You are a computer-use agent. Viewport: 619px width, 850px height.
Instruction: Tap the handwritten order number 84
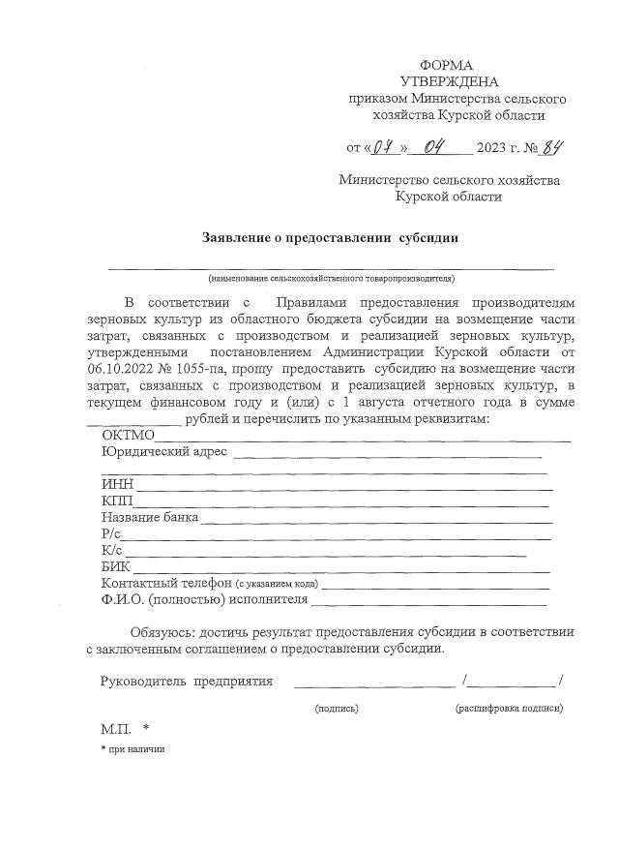click(551, 148)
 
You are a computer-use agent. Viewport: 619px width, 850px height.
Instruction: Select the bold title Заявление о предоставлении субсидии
click(330, 237)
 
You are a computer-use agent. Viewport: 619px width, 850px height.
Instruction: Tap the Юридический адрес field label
click(163, 451)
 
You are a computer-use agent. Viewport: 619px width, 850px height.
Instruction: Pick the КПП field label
click(117, 501)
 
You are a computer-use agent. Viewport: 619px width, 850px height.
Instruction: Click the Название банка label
click(149, 518)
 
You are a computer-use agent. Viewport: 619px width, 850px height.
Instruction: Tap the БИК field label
click(116, 567)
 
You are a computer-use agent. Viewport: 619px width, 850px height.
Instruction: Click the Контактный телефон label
click(164, 584)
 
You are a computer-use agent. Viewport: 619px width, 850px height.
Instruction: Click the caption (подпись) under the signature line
click(337, 708)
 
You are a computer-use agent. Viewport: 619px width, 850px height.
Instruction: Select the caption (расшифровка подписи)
click(509, 708)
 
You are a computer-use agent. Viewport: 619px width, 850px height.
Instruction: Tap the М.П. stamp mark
click(115, 729)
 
